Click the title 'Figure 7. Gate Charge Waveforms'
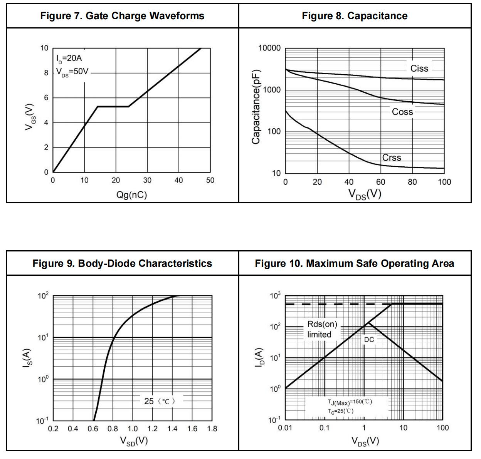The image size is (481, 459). point(122,16)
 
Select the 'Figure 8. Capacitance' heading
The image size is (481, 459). point(355,16)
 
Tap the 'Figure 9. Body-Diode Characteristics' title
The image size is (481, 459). point(122,263)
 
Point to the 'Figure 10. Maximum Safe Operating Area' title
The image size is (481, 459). point(355,263)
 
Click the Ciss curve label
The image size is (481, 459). point(419,69)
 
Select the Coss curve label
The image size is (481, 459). point(402,112)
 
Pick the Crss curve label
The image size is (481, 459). point(392,158)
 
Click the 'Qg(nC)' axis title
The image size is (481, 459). point(131,195)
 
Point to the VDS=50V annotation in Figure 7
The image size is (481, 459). point(72,72)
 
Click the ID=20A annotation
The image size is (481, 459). point(69,59)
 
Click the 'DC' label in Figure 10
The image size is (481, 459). point(369,340)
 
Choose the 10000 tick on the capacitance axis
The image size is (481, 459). point(269,48)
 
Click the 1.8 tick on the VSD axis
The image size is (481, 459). point(212,429)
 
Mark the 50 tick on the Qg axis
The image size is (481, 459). point(210,180)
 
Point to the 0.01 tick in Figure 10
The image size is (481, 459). point(285,428)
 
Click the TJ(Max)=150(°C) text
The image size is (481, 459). point(350,402)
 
